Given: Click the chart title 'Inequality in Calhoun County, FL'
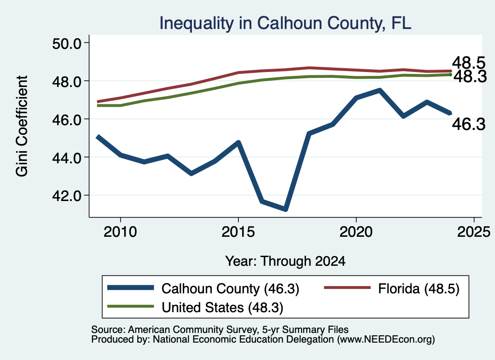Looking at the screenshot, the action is pyautogui.click(x=285, y=23).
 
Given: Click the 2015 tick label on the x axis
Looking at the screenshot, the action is pyautogui.click(x=238, y=232).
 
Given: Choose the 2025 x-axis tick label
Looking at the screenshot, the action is pyautogui.click(x=474, y=232).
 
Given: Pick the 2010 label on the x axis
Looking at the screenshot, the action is pyautogui.click(x=120, y=232).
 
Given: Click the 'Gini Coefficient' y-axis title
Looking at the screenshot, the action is pyautogui.click(x=22, y=126).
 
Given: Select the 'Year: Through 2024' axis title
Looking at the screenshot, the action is pyautogui.click(x=285, y=261).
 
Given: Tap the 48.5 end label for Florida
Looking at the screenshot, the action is pyautogui.click(x=468, y=63).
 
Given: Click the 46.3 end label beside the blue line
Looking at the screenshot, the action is pyautogui.click(x=469, y=124).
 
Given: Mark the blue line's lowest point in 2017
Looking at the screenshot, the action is pyautogui.click(x=285, y=209).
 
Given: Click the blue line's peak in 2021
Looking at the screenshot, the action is pyautogui.click(x=380, y=90).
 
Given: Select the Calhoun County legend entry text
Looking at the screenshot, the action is pyautogui.click(x=231, y=288).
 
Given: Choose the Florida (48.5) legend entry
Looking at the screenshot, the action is pyautogui.click(x=419, y=288).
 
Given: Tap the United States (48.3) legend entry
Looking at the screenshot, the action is pyautogui.click(x=222, y=307).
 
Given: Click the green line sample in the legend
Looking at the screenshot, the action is pyautogui.click(x=131, y=306).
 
